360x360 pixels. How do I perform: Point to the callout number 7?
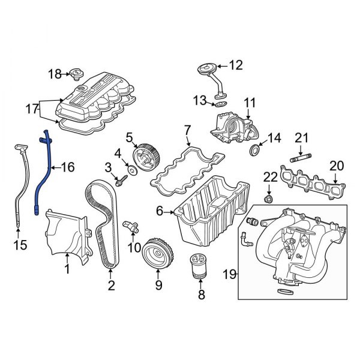pos(187,130)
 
